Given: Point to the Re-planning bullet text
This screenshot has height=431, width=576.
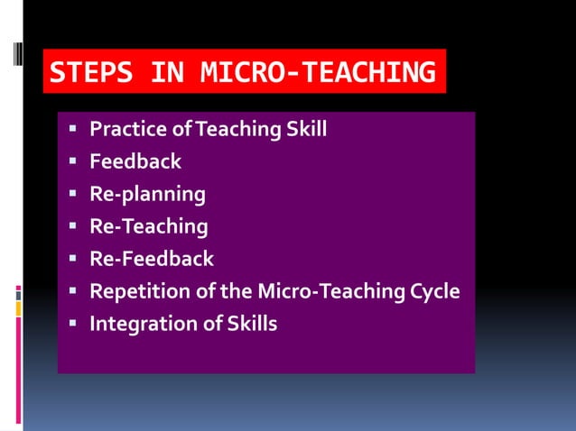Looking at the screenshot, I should (x=147, y=194).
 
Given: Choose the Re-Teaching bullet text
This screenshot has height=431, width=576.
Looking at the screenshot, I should (x=148, y=226).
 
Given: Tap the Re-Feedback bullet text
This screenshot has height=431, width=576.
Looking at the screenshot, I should (x=152, y=259).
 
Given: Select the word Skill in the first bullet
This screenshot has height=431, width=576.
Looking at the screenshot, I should (x=306, y=130).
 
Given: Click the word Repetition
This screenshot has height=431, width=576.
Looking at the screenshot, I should (x=135, y=292).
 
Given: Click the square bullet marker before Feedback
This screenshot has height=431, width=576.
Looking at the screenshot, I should (x=73, y=161).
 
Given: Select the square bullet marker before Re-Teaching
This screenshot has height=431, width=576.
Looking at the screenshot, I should (x=73, y=226).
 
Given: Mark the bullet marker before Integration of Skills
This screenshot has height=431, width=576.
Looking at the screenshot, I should (x=73, y=324).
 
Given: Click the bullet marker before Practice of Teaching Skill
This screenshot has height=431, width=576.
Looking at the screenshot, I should (x=73, y=130).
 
